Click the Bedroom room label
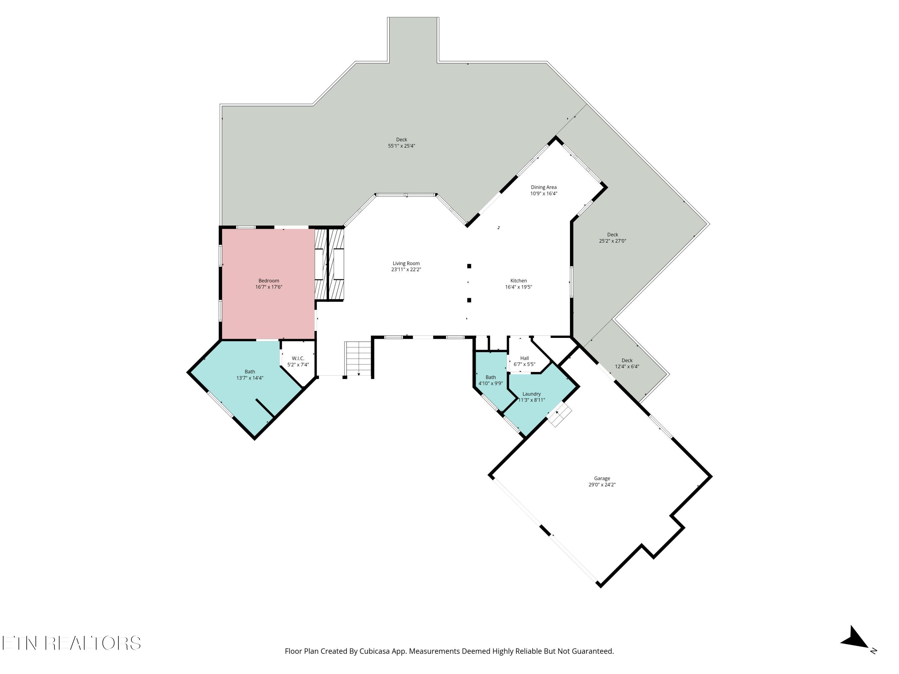pos(269,281)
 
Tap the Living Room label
pos(406,263)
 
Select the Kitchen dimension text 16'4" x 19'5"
pos(519,287)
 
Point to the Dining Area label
pos(543,187)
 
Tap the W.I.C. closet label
pos(298,358)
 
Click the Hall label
pos(524,358)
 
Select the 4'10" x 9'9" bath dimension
pos(491,383)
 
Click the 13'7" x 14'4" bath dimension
pos(250,378)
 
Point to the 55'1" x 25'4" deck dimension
pos(402,146)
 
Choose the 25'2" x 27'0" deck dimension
pos(613,241)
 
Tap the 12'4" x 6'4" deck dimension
pos(627,366)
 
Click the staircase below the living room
pos(358,359)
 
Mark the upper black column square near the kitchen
pos(469,266)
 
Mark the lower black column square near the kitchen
pos(469,300)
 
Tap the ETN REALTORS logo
pos(72,643)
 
